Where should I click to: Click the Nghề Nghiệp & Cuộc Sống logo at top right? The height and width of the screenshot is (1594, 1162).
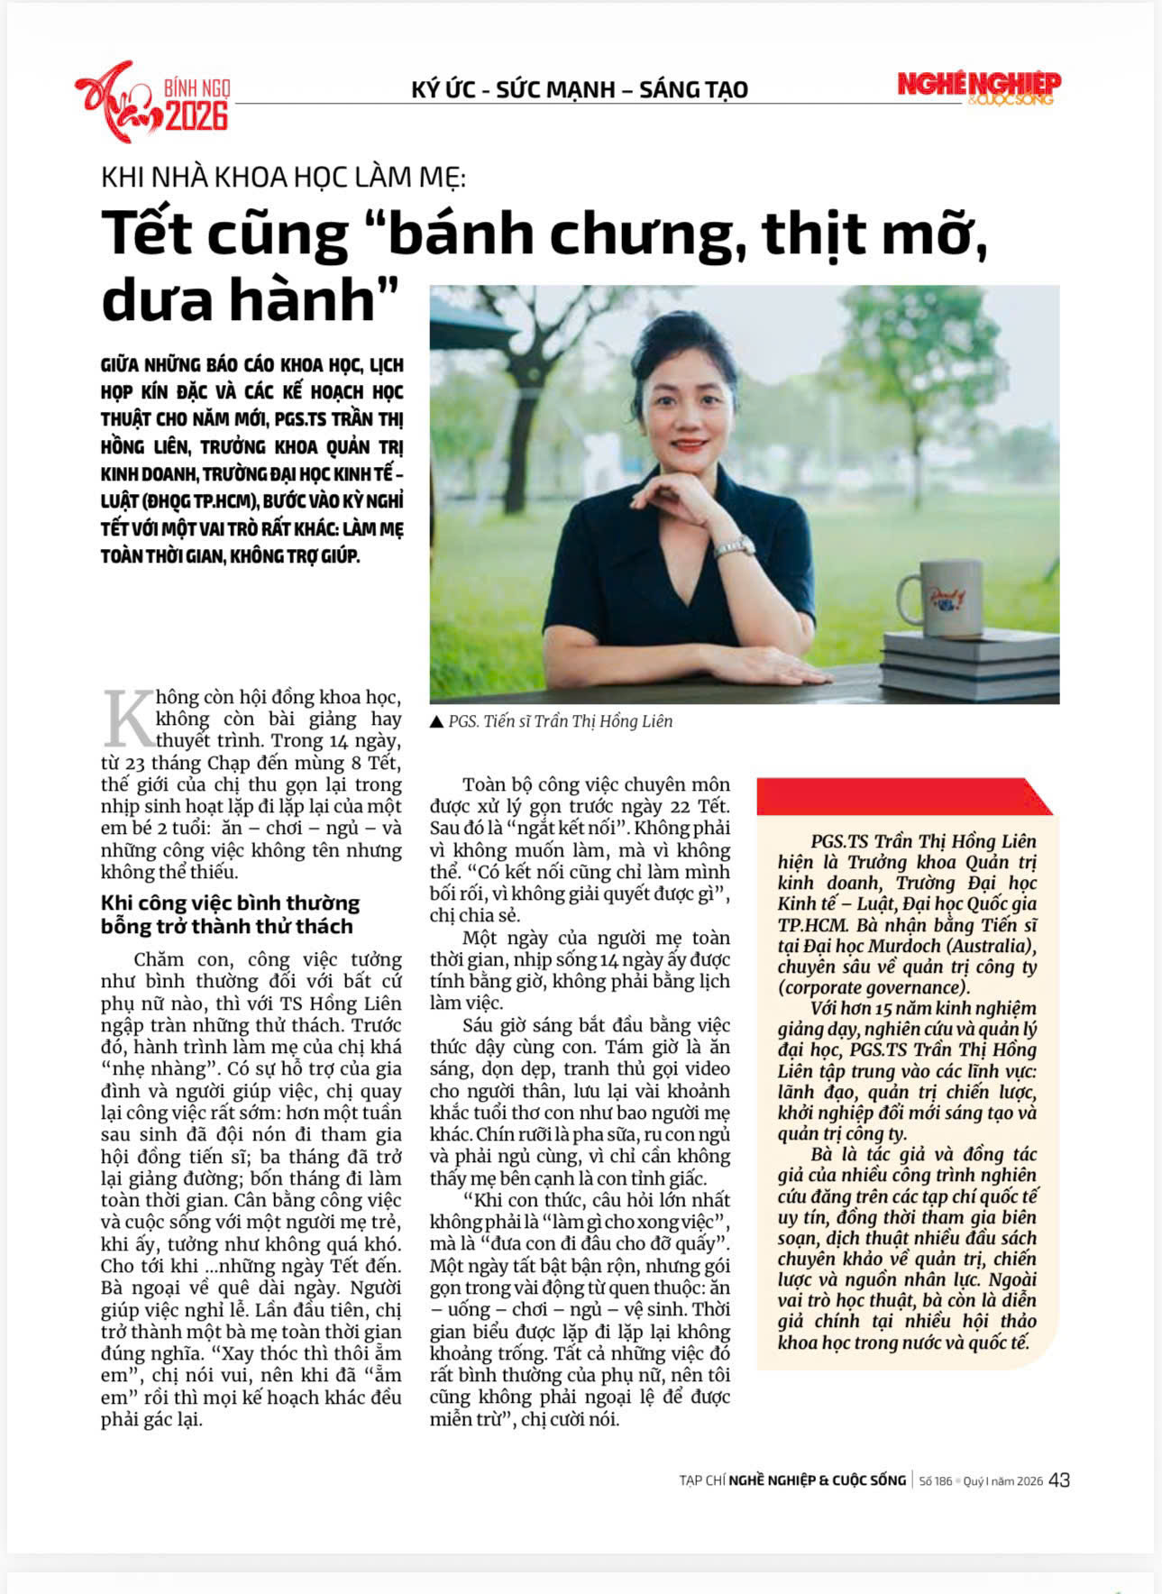[x=979, y=87]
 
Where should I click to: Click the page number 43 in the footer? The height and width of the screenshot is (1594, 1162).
[x=1059, y=1480]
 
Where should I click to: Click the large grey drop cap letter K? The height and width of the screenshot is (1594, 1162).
[x=128, y=719]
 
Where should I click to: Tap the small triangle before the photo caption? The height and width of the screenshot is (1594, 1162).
[x=437, y=722]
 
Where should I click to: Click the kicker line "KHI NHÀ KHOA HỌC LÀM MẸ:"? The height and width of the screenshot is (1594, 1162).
[x=283, y=177]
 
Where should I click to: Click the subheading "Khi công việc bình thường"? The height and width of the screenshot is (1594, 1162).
[x=230, y=903]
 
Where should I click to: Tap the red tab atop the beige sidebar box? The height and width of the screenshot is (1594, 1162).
[x=901, y=796]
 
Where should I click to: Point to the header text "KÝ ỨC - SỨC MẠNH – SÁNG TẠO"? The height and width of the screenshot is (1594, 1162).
[x=580, y=90]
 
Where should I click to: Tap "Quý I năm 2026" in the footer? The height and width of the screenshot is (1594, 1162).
[x=1002, y=1481]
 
